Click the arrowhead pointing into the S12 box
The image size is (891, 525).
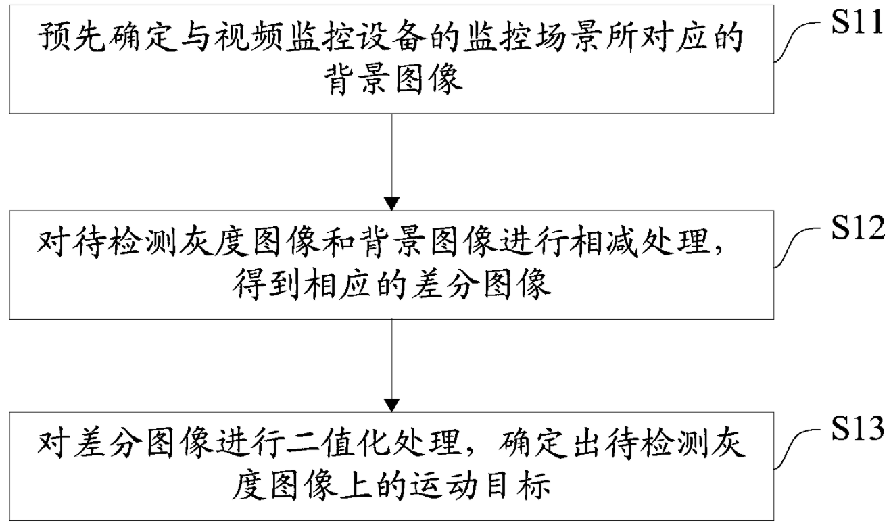pyautogui.click(x=392, y=203)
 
